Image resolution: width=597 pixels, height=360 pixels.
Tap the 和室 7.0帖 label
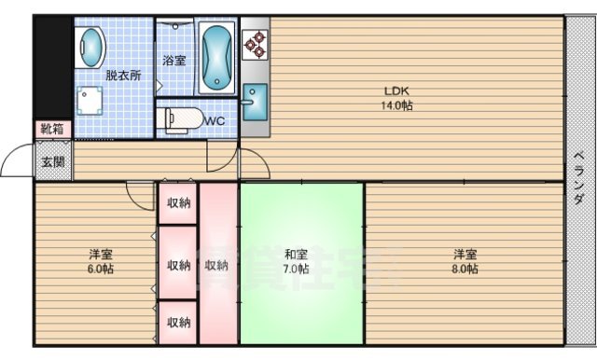[x=298, y=261]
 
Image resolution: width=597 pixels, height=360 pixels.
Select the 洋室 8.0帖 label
[x=465, y=261]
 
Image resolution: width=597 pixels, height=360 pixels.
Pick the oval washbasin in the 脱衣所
[x=90, y=44]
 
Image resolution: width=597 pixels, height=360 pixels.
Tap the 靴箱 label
[x=52, y=129]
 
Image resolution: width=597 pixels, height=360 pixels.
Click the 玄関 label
[x=52, y=161]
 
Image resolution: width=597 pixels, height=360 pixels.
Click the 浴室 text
[x=174, y=61]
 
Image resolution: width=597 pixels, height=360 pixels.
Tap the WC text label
[x=214, y=119]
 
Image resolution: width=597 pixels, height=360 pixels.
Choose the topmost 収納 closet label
[x=178, y=202]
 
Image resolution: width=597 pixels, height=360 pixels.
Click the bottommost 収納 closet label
[x=178, y=323]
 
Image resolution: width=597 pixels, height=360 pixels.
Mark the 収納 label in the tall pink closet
[x=217, y=263]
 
